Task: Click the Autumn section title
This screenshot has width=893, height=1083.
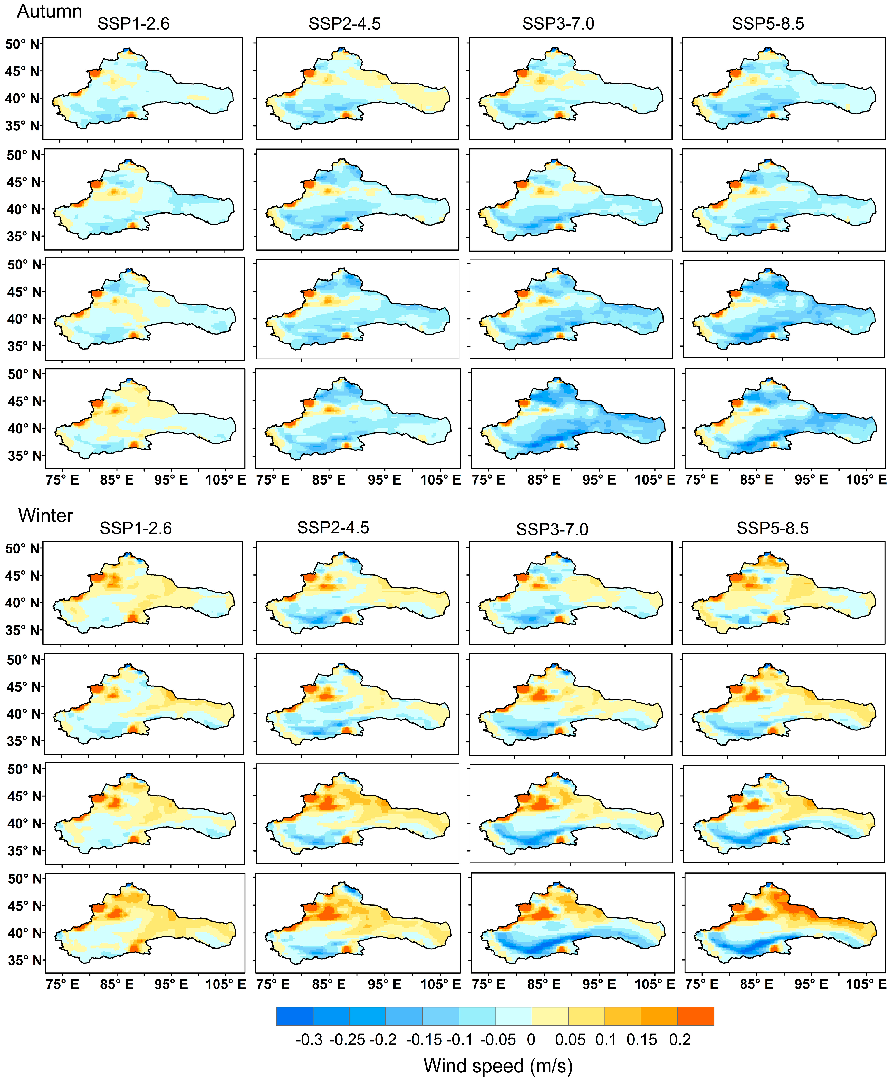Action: tap(49, 11)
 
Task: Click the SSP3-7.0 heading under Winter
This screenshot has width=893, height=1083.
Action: tap(552, 529)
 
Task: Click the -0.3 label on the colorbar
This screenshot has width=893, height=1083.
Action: tap(309, 1039)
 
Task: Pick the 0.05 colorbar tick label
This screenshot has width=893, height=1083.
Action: tap(570, 1039)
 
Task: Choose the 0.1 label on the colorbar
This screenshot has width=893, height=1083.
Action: tap(606, 1039)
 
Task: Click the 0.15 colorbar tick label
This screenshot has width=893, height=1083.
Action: tap(641, 1039)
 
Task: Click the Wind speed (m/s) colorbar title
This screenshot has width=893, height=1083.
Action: tap(498, 1066)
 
